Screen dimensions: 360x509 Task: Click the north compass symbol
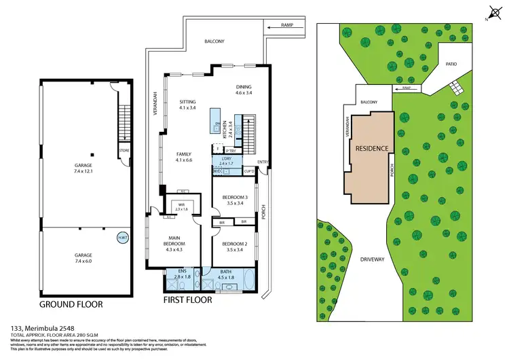[x=493, y=11]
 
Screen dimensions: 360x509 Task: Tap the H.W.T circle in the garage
[x=123, y=238]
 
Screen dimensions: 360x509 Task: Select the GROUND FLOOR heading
[x=71, y=305]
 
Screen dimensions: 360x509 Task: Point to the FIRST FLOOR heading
[x=188, y=300]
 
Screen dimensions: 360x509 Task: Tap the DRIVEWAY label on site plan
[x=373, y=259]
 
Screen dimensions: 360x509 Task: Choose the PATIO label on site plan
[x=451, y=65]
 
